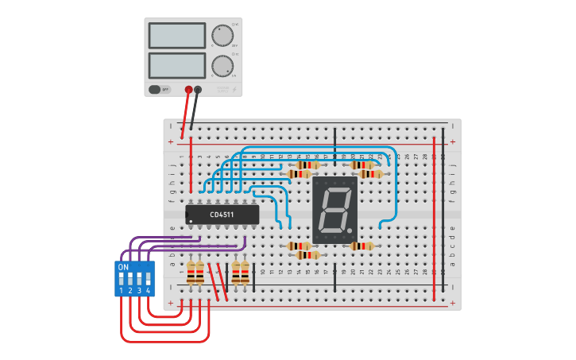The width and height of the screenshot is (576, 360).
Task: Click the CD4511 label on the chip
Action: point(222,215)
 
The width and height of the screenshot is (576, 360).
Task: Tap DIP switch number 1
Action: point(122,279)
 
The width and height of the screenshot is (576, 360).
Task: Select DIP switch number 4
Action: point(148,279)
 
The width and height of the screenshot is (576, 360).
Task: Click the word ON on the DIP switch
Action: point(123,267)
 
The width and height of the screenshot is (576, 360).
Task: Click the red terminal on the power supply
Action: point(188,90)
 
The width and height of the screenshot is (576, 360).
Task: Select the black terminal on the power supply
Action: point(198,90)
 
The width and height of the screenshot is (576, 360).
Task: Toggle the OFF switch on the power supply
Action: point(160,89)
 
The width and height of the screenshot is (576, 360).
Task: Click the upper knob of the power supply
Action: point(222,35)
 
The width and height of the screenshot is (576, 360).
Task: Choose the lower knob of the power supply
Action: point(222,65)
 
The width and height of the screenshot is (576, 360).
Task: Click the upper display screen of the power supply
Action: point(176,36)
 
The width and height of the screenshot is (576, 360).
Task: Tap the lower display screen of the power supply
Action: point(176,65)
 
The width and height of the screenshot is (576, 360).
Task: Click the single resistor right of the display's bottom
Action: point(361,246)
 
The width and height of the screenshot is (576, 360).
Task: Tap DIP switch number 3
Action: point(139,279)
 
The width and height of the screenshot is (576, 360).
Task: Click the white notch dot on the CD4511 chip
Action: point(191,221)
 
